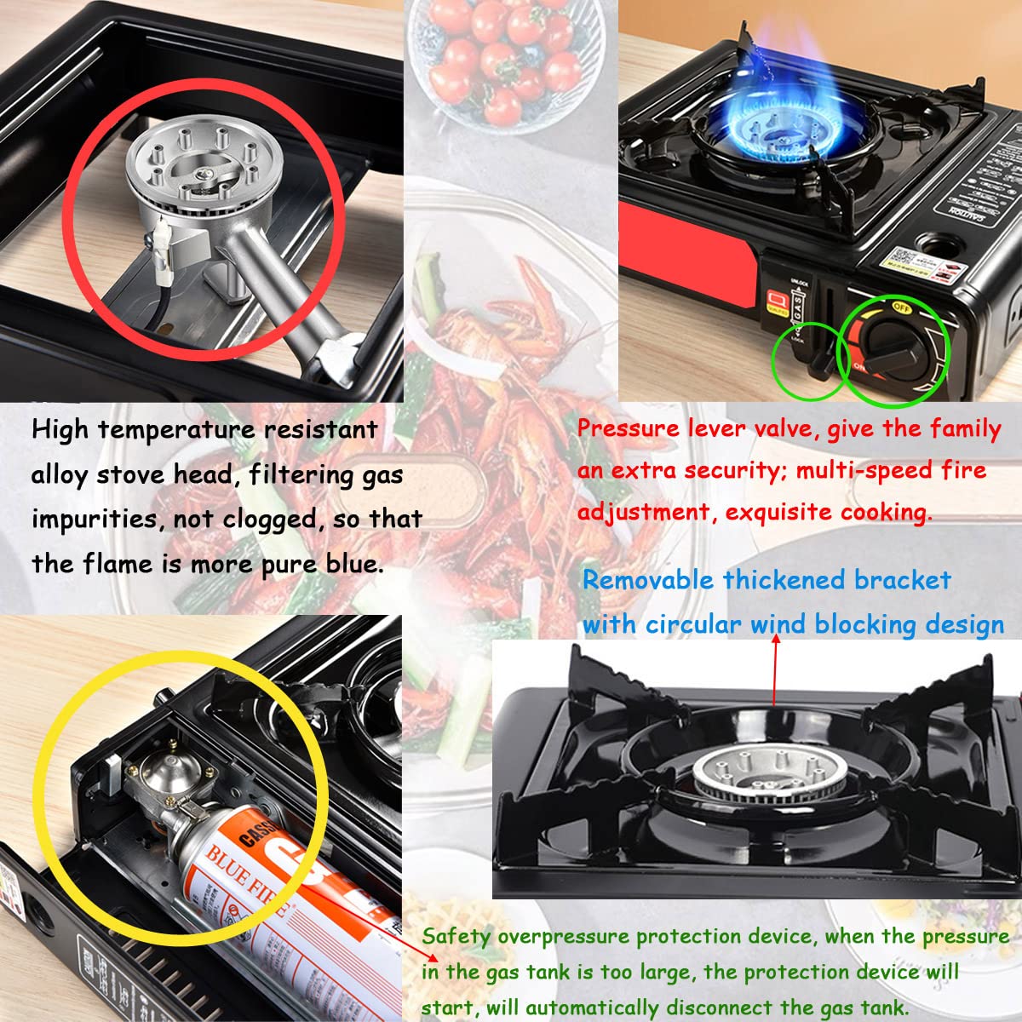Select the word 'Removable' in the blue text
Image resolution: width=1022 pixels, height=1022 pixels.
click(x=647, y=581)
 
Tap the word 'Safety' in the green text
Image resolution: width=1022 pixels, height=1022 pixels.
click(x=456, y=936)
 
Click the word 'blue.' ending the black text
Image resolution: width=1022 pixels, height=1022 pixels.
click(x=353, y=564)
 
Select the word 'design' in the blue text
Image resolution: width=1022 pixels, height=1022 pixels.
click(x=962, y=624)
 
